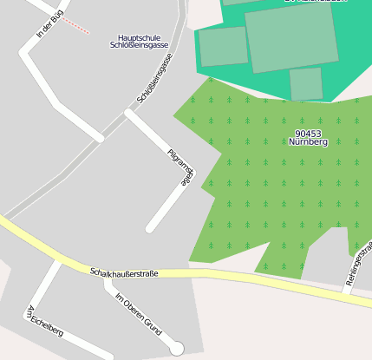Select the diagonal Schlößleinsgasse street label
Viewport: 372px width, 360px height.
coord(155,78)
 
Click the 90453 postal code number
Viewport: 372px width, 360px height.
coord(308,133)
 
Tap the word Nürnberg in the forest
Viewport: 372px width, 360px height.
coord(308,141)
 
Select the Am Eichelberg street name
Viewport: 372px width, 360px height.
coord(45,320)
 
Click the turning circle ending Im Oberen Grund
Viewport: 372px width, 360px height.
coord(177,348)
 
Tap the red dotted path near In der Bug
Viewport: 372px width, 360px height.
coord(76,25)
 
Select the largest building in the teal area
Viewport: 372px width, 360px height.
coord(290,38)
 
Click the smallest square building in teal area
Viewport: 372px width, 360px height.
coord(306,84)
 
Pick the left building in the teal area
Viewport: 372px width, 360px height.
coord(224,47)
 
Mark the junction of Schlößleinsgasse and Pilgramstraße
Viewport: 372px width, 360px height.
coord(129,113)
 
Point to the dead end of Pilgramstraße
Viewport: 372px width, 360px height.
coord(151,228)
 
